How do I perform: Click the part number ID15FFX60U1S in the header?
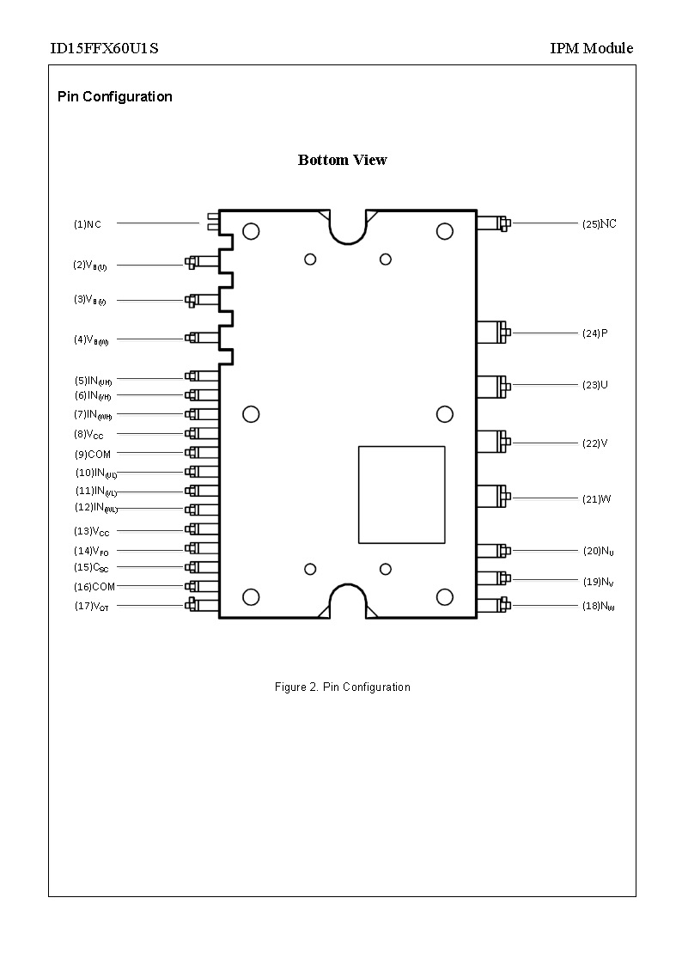pyautogui.click(x=104, y=48)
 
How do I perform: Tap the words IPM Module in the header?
pyautogui.click(x=591, y=48)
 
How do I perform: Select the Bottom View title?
pyautogui.click(x=342, y=160)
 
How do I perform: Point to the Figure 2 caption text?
pyautogui.click(x=342, y=687)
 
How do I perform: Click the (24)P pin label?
pyautogui.click(x=594, y=333)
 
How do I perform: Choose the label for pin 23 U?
pyautogui.click(x=594, y=385)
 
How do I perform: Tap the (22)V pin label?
pyautogui.click(x=594, y=443)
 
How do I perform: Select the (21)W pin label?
pyautogui.click(x=596, y=499)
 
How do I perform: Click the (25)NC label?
pyautogui.click(x=599, y=224)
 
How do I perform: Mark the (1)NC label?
pyautogui.click(x=87, y=224)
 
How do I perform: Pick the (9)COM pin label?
pyautogui.click(x=92, y=454)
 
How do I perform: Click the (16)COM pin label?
pyautogui.click(x=94, y=587)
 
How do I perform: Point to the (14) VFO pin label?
pyautogui.click(x=91, y=551)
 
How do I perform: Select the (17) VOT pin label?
pyautogui.click(x=91, y=607)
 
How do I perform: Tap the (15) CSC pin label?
pyautogui.click(x=91, y=568)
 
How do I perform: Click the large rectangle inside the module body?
pyautogui.click(x=401, y=494)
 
